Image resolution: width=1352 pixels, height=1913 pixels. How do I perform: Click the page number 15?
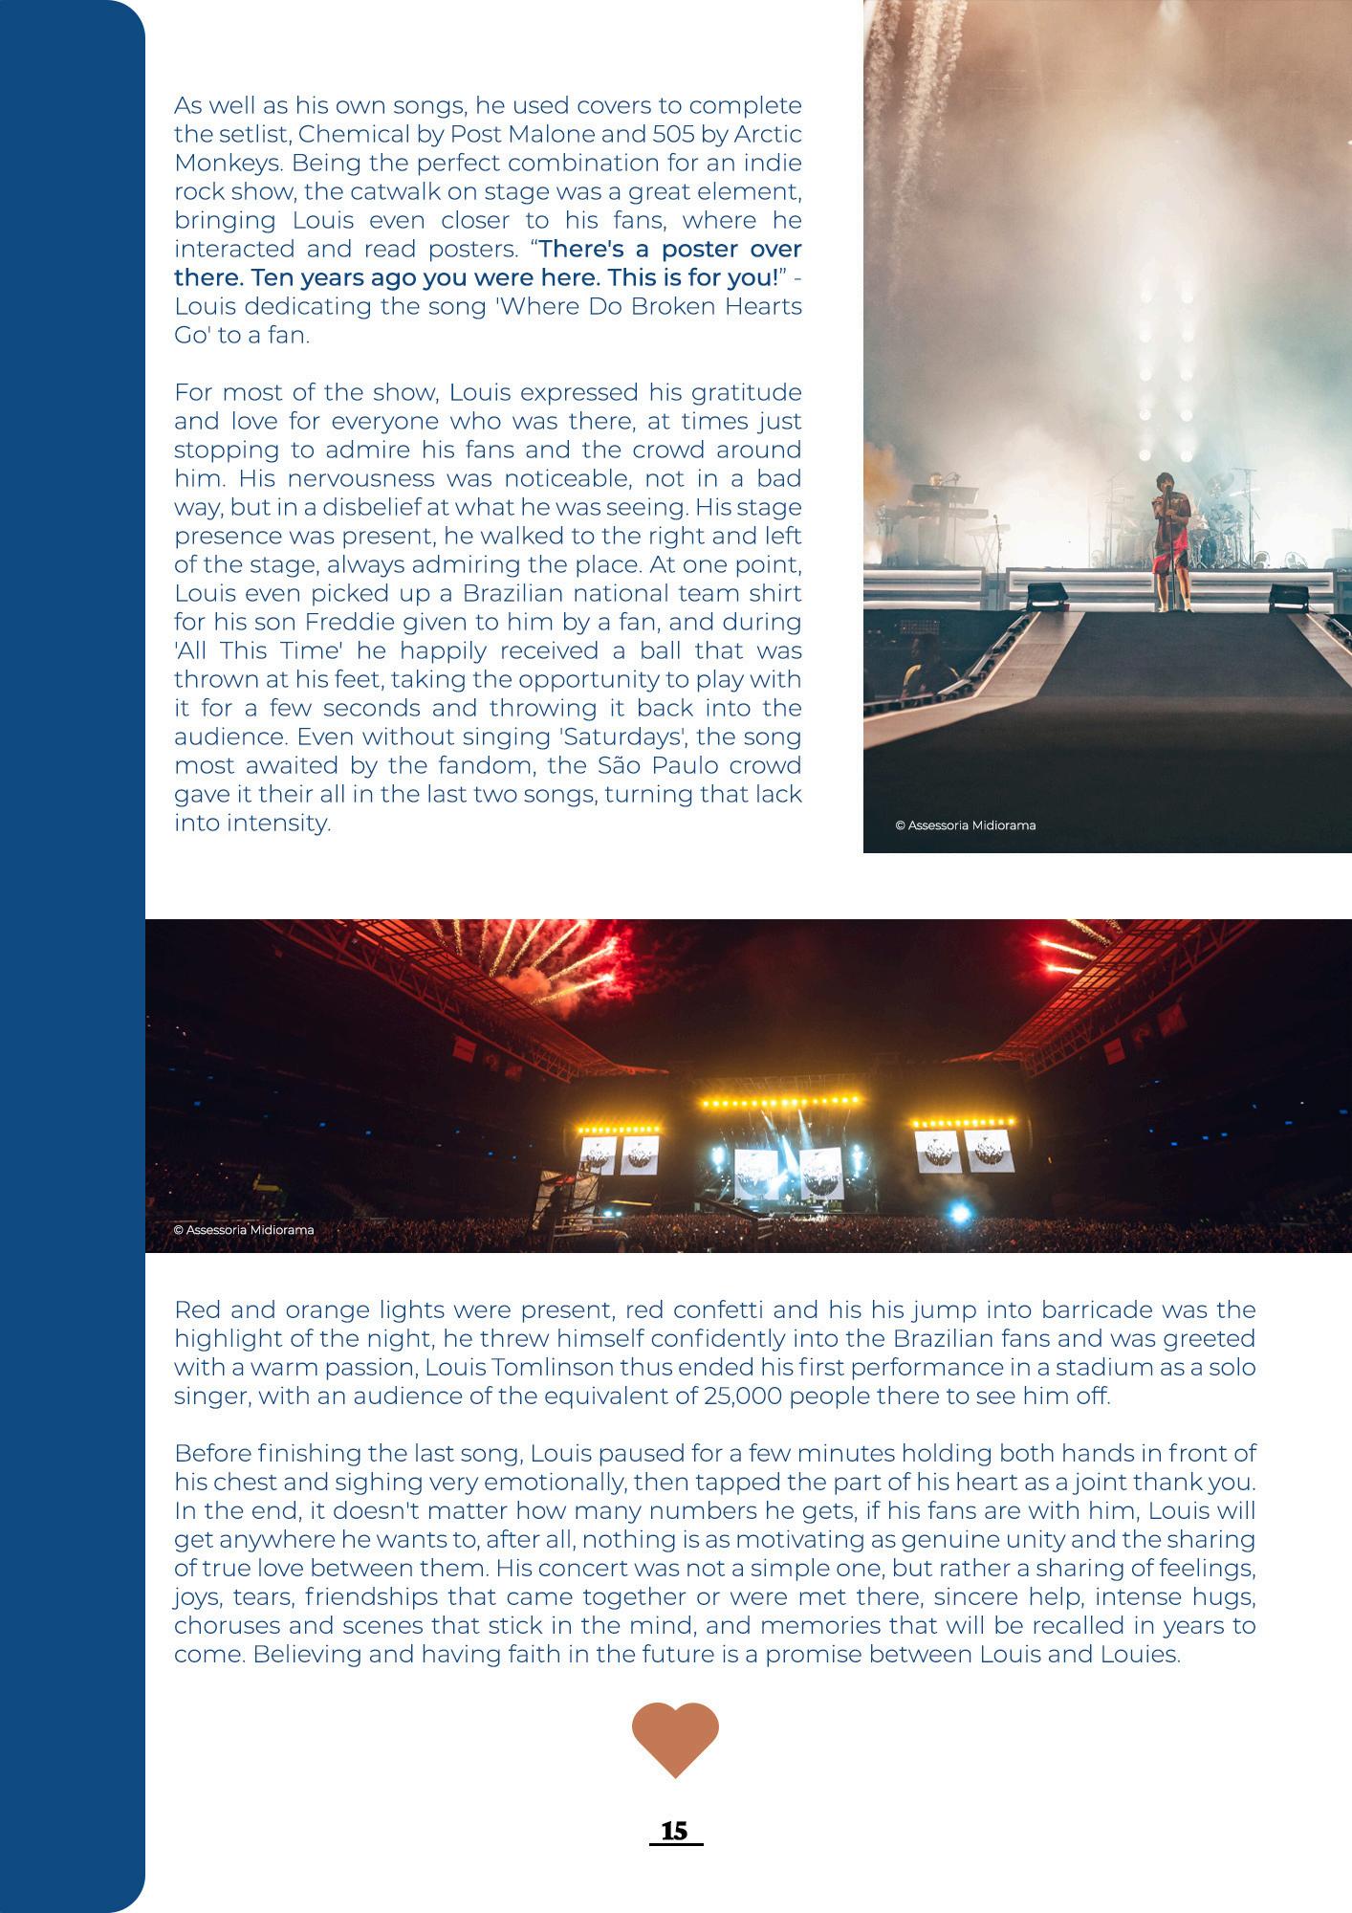pos(674,1831)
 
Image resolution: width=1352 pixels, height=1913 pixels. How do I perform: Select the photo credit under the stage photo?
pos(965,825)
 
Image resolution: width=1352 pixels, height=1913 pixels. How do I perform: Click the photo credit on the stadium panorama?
pos(244,1230)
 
